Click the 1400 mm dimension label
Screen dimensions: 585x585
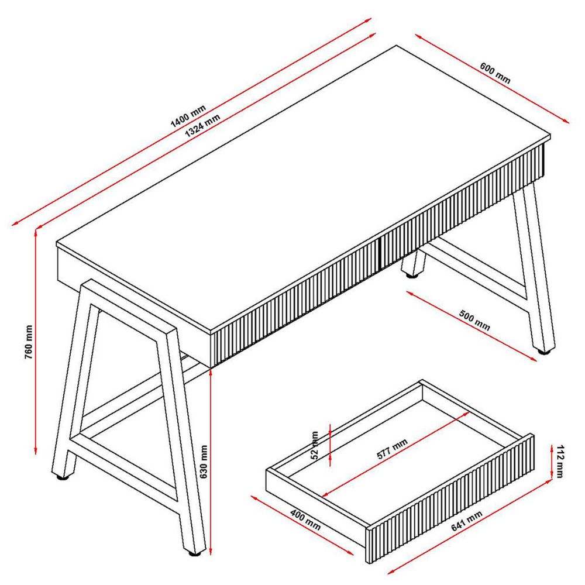188,116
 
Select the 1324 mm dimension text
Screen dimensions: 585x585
202,125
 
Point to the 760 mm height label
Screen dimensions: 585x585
29,342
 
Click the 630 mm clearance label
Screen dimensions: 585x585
204,462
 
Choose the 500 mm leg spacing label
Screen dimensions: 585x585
474,320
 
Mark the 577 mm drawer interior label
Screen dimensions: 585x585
392,449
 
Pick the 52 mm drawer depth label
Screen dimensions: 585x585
315,445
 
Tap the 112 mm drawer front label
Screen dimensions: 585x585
559,461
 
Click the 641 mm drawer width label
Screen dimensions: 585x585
467,521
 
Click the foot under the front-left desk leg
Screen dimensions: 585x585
194,553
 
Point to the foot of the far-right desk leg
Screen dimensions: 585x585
544,352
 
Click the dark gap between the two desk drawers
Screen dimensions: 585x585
378,253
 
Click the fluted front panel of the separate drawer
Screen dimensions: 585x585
450,498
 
